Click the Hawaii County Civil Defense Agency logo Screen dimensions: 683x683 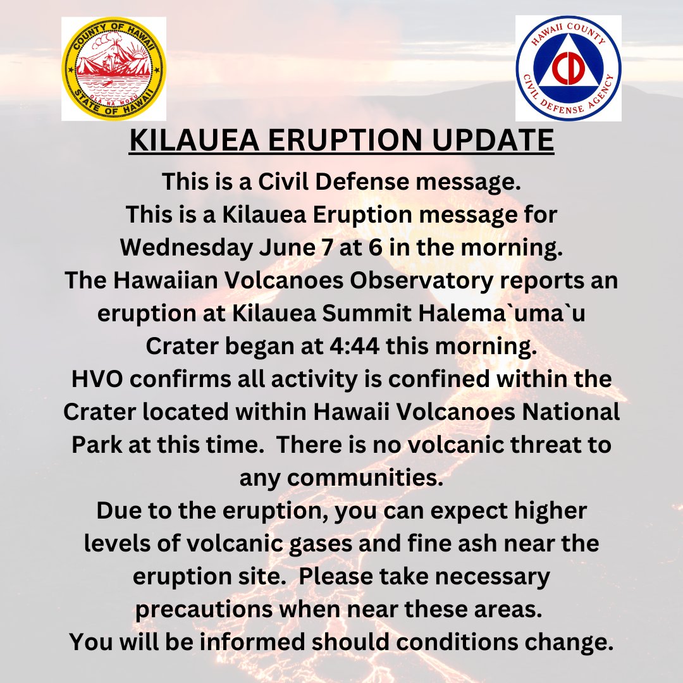click(x=568, y=68)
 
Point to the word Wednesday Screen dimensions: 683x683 click(x=184, y=248)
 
